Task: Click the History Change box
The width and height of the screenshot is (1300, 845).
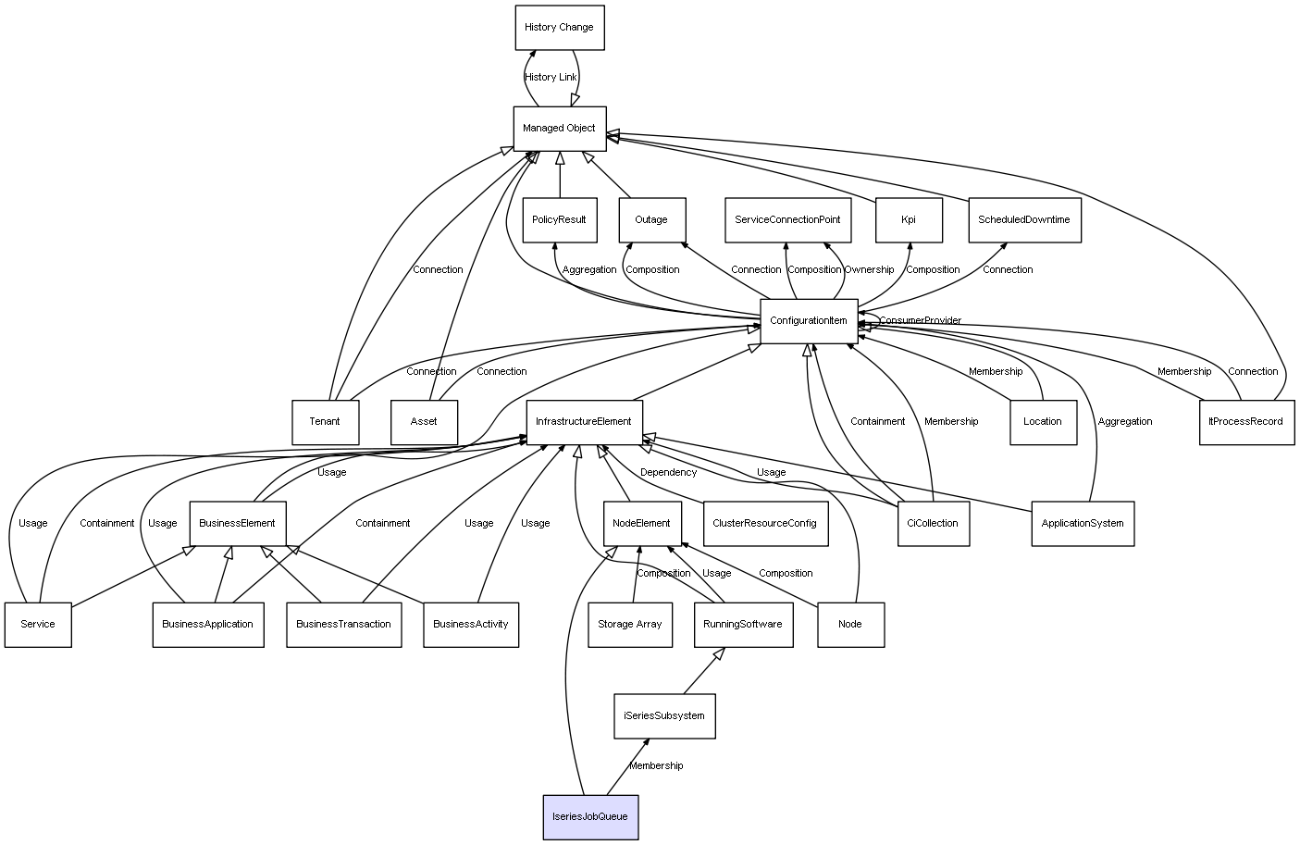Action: [x=560, y=27]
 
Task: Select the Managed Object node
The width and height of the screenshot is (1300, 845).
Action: [x=560, y=129]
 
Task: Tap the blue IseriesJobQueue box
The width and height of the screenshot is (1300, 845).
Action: [x=590, y=817]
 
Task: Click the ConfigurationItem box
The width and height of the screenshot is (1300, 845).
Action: [x=809, y=321]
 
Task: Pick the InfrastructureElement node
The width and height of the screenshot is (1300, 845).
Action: [x=584, y=422]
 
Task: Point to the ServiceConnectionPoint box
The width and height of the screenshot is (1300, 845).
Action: [x=787, y=220]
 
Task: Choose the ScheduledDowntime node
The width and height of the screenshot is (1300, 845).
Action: [x=1024, y=220]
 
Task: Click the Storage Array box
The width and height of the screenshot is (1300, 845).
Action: [x=630, y=625]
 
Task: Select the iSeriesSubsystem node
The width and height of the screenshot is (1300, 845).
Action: [x=664, y=716]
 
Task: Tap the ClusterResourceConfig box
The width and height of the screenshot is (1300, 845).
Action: [x=765, y=524]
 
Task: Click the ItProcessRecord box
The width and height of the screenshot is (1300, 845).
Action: [x=1246, y=422]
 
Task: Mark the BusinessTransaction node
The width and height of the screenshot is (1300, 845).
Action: [x=343, y=625]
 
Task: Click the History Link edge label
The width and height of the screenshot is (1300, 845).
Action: [x=551, y=77]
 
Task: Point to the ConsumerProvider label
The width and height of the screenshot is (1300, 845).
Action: [x=921, y=320]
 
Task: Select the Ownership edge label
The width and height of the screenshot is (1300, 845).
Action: [x=869, y=270]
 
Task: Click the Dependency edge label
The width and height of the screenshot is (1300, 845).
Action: [x=669, y=472]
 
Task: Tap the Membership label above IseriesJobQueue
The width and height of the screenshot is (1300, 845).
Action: [x=656, y=766]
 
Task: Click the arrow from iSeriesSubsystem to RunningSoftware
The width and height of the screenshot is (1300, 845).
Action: [x=704, y=671]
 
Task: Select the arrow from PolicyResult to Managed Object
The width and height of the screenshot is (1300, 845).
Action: [x=560, y=175]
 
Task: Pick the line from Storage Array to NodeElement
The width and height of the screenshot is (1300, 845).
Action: [x=637, y=575]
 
